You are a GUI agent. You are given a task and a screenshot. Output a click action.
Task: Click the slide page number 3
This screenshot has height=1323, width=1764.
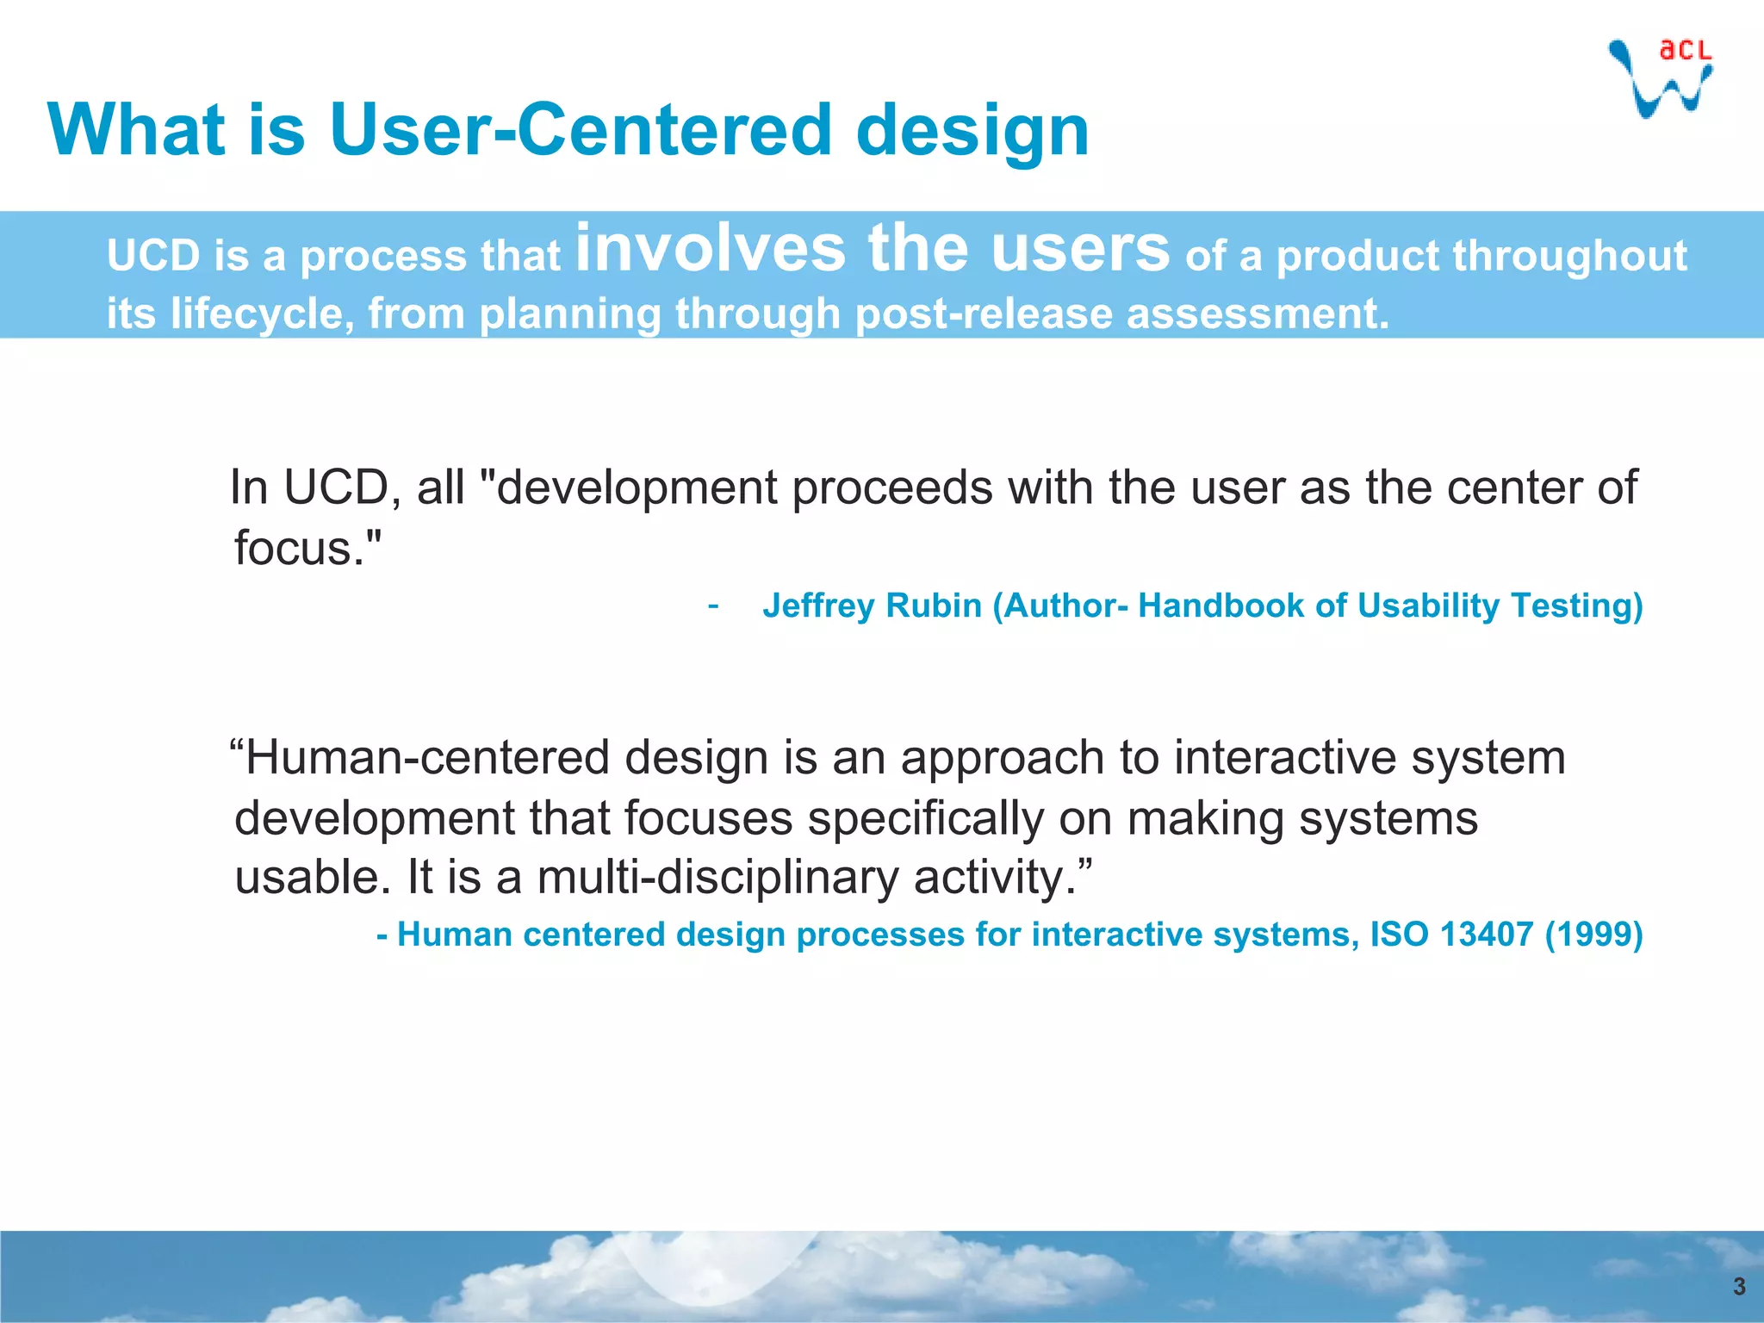pos(1739,1286)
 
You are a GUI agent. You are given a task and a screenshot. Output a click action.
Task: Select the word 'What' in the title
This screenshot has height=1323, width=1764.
pos(137,130)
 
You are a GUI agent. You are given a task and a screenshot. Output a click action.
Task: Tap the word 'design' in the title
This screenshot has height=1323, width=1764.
pos(972,132)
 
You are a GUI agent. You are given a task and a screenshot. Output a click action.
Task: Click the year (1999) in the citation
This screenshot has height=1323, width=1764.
pos(1593,935)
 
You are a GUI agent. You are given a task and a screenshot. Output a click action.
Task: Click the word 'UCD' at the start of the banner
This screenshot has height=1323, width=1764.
pos(152,257)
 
